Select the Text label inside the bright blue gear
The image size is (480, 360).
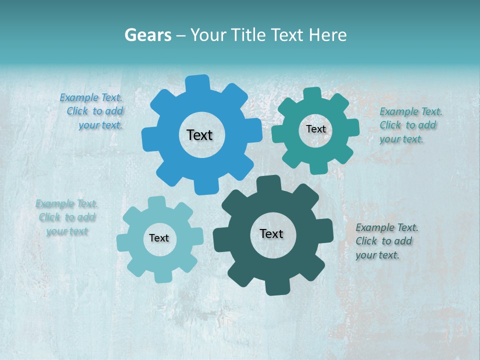(199, 135)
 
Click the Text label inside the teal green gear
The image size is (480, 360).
(315, 129)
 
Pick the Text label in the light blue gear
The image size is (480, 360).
(159, 238)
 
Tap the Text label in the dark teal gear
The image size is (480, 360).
(271, 234)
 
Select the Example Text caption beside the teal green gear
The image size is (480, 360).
(410, 125)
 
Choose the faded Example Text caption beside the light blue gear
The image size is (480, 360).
(67, 217)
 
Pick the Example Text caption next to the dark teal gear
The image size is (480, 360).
(386, 241)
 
